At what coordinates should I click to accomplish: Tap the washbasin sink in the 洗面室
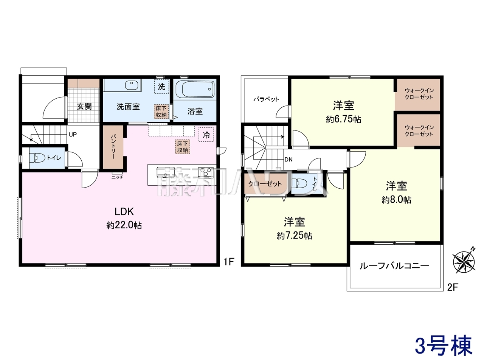point(132,85)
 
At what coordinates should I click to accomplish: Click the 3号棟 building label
point(444,345)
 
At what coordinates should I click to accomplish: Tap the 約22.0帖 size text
point(124,225)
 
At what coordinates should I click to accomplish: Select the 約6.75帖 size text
point(344,119)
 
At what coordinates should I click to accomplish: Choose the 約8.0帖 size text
point(396,200)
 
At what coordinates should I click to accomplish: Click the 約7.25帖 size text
point(294,236)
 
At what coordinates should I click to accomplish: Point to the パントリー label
point(113,146)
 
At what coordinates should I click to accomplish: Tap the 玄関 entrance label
point(84,107)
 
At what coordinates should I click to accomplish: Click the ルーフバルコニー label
point(394,266)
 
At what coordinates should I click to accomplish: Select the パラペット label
point(266,99)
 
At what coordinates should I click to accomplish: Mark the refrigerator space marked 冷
point(206,135)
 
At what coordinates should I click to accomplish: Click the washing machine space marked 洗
point(161,87)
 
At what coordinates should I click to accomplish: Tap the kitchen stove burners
point(206,172)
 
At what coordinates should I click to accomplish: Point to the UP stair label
point(73,135)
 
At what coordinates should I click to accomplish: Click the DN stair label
point(289,160)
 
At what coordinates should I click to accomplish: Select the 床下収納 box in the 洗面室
point(161,112)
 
